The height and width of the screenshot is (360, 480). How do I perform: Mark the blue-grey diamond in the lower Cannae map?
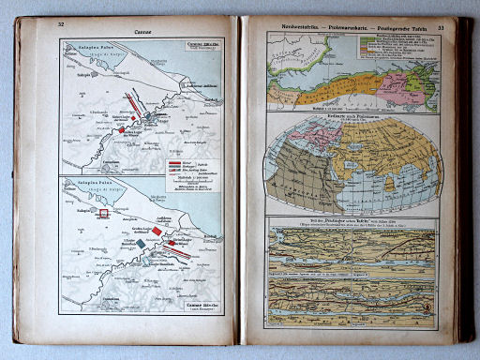click(141, 244)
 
